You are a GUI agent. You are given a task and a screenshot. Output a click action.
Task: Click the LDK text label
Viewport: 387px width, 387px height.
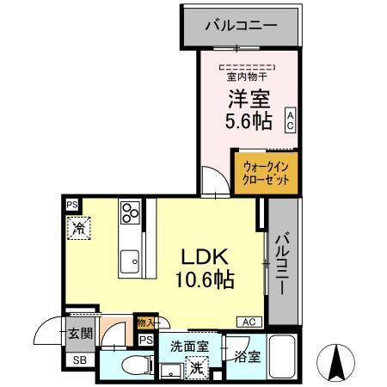coord(203,256)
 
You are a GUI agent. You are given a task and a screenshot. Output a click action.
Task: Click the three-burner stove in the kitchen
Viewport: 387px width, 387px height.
coord(131,212)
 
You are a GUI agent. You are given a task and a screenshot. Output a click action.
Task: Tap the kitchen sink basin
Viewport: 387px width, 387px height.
coord(130,261)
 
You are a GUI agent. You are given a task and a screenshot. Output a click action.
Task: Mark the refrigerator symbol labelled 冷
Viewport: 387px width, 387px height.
coord(78,229)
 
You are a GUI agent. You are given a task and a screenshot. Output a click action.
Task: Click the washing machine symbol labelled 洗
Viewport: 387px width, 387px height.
coord(197,366)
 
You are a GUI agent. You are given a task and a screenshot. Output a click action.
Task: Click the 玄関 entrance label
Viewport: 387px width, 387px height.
coord(78,334)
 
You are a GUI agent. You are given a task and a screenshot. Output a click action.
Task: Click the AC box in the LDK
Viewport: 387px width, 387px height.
coord(249,322)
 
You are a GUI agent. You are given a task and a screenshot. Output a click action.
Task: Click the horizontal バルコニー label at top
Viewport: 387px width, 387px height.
coord(241,26)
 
